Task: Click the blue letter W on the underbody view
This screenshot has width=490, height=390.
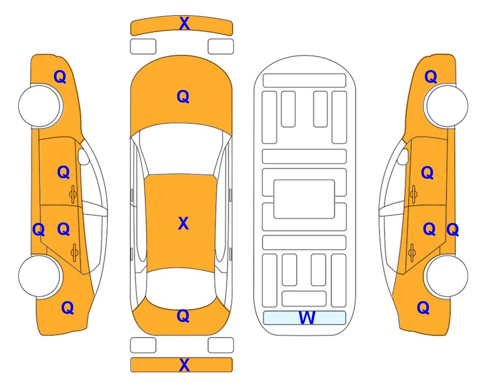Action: (307, 317)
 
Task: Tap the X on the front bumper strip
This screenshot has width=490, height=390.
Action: (184, 23)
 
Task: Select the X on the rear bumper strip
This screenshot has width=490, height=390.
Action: (184, 365)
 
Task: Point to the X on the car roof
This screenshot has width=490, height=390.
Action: (184, 223)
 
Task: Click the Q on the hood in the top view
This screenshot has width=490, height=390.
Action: (183, 96)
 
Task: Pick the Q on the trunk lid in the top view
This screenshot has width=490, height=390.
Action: (183, 316)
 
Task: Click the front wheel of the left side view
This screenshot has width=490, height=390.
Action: (39, 106)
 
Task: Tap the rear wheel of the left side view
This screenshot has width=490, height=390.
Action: (39, 276)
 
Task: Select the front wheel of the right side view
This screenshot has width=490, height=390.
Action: (447, 106)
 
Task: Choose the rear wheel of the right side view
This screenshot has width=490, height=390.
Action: (447, 276)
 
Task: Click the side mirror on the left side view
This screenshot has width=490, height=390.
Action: (83, 156)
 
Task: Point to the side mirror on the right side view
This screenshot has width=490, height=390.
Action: (403, 156)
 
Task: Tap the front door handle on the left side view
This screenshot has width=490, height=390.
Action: (73, 194)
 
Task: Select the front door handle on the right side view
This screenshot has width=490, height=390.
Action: (413, 194)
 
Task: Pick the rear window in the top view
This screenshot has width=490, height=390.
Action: (181, 288)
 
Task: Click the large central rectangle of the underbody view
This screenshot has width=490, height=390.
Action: (304, 199)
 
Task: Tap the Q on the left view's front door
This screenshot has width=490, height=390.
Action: (64, 172)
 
